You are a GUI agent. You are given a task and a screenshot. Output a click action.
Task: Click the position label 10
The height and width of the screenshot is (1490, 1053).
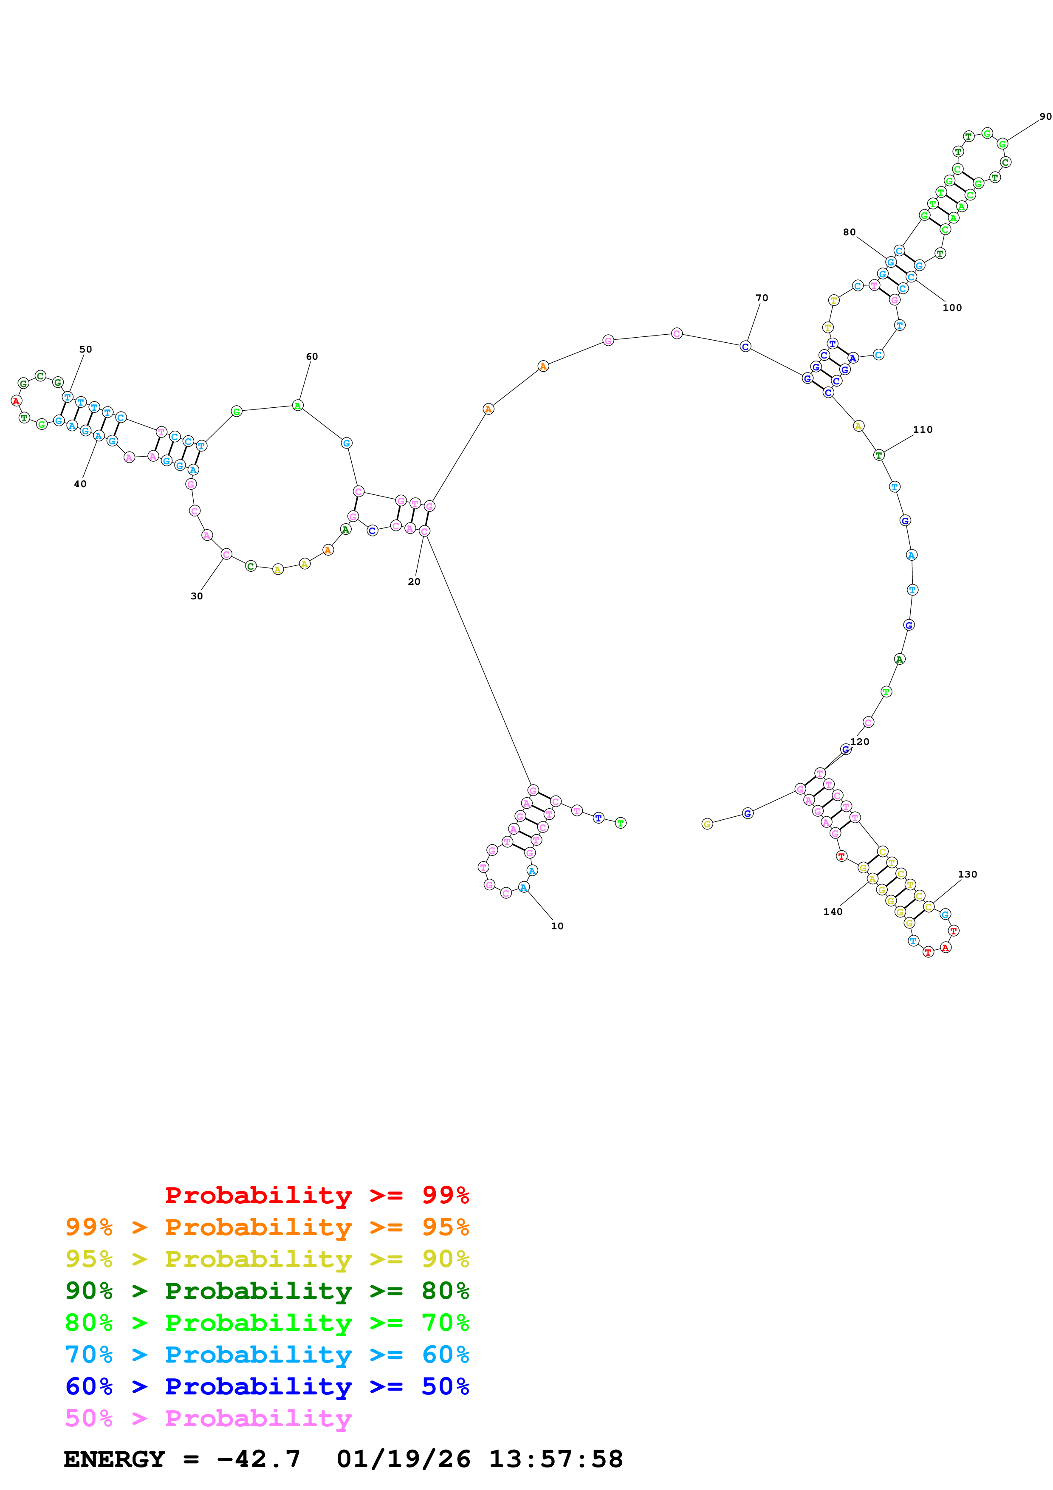click(557, 926)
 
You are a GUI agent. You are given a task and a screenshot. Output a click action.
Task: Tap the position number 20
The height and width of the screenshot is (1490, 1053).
click(414, 581)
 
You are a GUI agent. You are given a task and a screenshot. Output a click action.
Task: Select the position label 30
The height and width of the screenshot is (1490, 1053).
click(197, 596)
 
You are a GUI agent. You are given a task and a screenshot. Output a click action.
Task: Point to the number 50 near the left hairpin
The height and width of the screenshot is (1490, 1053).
click(86, 349)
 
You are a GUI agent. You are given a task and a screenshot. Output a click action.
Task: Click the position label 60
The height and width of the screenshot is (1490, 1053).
click(312, 356)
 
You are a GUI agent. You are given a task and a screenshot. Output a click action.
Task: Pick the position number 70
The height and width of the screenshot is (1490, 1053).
click(762, 298)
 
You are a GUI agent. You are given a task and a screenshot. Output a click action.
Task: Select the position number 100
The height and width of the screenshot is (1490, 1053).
click(952, 308)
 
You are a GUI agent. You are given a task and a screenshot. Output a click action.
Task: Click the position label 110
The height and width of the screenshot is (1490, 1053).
click(923, 429)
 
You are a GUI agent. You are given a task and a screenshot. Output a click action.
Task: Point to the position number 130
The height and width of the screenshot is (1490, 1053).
click(967, 874)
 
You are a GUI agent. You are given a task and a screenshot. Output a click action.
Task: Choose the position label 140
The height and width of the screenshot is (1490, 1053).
click(833, 912)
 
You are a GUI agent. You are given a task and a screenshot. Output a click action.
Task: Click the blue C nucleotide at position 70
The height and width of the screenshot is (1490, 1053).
click(745, 347)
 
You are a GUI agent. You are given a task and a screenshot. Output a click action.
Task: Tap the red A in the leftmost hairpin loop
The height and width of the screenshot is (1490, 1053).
click(16, 401)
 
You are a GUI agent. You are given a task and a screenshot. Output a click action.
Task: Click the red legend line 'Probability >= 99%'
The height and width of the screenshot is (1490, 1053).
click(316, 1195)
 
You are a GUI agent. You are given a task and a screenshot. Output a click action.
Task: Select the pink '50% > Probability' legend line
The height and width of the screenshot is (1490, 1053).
click(208, 1419)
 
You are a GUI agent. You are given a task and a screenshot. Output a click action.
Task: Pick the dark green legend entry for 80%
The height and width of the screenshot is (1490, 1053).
click(267, 1291)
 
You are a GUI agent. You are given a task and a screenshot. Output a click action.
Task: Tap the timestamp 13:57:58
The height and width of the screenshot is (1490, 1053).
click(555, 1459)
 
